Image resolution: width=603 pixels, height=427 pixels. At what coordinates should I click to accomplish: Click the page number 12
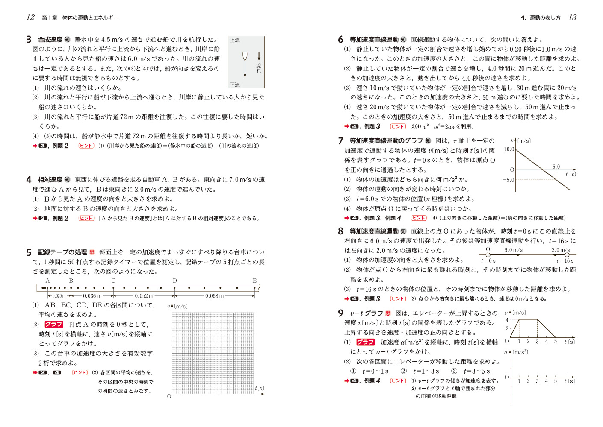30,18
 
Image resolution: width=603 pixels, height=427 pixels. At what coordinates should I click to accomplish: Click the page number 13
572,18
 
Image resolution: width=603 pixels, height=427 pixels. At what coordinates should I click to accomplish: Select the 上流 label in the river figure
235,41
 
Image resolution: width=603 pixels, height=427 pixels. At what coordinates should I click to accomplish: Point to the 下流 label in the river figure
235,85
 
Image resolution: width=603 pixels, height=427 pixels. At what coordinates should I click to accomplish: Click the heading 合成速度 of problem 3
50,40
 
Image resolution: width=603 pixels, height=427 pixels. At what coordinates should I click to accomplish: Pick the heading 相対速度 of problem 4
50,180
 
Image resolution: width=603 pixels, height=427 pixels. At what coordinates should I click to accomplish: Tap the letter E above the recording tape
254,281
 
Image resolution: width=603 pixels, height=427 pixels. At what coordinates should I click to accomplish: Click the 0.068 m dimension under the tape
214,296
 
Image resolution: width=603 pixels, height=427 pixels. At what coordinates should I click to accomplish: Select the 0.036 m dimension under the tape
92,296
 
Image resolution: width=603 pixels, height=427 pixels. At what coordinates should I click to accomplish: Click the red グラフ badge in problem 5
53,325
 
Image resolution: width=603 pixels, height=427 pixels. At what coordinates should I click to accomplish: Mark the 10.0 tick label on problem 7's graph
509,149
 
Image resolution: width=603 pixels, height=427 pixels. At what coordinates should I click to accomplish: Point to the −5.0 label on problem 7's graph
508,180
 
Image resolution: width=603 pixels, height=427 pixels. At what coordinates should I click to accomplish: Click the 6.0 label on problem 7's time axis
556,167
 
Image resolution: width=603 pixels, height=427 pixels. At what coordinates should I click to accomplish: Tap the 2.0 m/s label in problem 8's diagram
560,250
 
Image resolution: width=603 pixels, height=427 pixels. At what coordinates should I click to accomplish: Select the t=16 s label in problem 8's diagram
565,261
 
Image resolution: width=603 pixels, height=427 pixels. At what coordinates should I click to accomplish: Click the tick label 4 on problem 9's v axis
507,320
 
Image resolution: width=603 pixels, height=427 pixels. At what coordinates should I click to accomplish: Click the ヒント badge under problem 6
398,126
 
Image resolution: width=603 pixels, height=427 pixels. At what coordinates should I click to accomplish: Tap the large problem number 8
340,231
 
